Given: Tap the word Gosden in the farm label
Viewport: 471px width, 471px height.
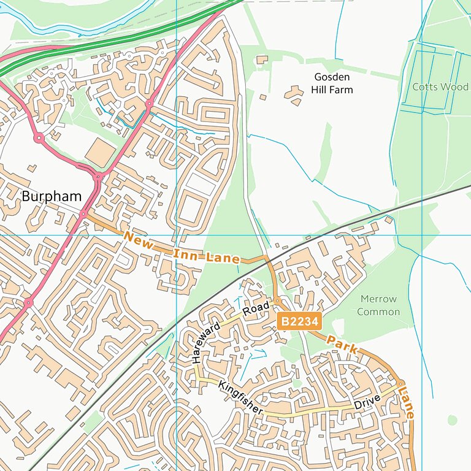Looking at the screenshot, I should click(x=332, y=77).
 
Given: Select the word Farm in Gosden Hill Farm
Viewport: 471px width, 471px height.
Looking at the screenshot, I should click(x=340, y=90).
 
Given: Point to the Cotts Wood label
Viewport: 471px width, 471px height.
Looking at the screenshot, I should click(x=440, y=87).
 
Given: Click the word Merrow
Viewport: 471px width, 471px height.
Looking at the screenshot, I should click(x=378, y=299).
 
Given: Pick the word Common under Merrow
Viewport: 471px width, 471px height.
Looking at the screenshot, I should click(x=378, y=312).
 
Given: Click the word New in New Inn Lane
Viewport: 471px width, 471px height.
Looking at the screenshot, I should click(x=138, y=240).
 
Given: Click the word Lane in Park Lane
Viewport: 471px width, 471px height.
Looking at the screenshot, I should click(x=406, y=402).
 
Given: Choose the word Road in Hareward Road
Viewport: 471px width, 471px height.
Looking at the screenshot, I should click(x=256, y=310).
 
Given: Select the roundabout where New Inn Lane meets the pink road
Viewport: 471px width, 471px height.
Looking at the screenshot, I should click(x=83, y=214).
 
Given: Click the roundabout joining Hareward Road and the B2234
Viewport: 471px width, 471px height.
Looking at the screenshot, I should click(x=278, y=301).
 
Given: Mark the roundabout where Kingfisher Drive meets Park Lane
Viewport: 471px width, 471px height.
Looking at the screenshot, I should click(x=400, y=383).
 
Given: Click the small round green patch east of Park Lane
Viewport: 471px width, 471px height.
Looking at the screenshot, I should click(x=452, y=420).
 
